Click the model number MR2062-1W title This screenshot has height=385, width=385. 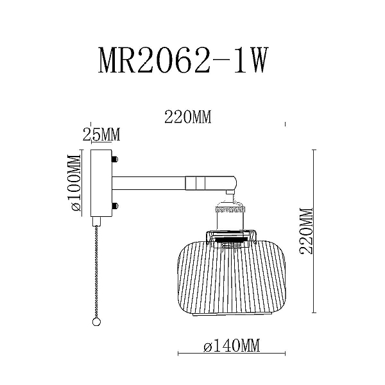(182, 60)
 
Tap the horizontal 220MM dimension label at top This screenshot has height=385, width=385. (188, 117)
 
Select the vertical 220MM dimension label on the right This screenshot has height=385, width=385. (305, 231)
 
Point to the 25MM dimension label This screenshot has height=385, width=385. (101, 134)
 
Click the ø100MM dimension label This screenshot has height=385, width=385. (74, 183)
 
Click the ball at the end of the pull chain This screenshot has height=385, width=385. (96, 322)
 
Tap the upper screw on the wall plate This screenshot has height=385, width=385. (115, 159)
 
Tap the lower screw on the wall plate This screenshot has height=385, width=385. (115, 206)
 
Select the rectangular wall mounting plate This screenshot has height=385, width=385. (101, 183)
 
